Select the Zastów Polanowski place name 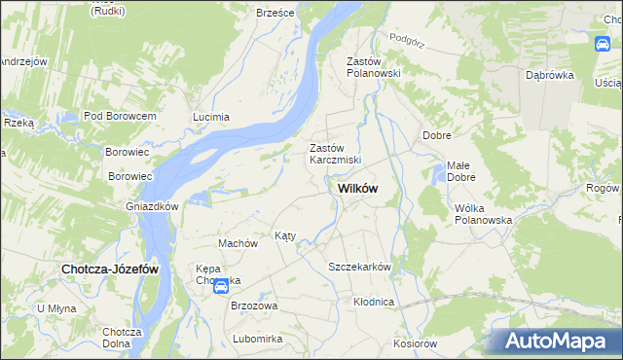click(x=368, y=68)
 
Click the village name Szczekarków click(x=359, y=267)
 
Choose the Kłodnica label click(x=374, y=302)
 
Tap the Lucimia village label click(x=211, y=117)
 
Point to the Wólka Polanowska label click(x=483, y=214)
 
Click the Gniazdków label click(x=152, y=206)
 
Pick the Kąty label click(x=284, y=235)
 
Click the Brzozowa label click(x=254, y=306)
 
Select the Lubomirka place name click(x=257, y=339)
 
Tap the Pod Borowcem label click(x=121, y=116)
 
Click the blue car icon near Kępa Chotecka click(x=221, y=286)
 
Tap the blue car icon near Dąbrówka click(x=604, y=44)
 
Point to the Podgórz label click(x=407, y=39)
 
